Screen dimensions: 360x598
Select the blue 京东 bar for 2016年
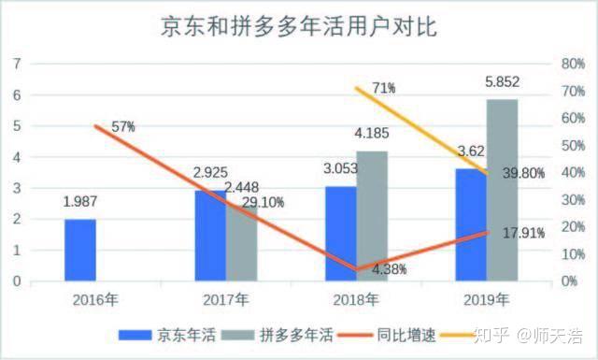[x=80, y=250]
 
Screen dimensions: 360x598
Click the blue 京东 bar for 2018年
[x=340, y=234]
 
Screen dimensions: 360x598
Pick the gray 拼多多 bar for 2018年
[x=371, y=215]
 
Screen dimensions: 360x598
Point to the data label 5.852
[x=502, y=83]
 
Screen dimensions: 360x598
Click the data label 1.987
[x=80, y=202]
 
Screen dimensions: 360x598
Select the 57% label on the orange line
[x=122, y=127]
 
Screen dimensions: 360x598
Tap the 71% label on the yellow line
[x=382, y=88]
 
